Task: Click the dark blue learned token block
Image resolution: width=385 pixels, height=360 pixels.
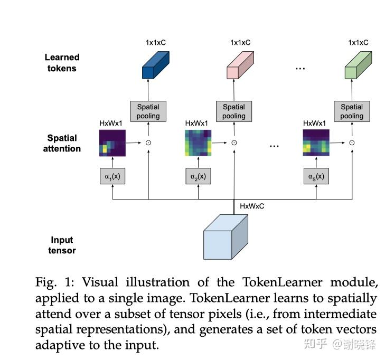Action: [155, 65]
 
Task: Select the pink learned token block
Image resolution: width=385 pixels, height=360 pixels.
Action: [240, 65]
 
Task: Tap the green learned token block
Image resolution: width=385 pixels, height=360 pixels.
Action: [358, 65]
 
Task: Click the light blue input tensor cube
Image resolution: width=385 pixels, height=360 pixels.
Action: [226, 237]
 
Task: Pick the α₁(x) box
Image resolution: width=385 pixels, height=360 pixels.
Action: [112, 176]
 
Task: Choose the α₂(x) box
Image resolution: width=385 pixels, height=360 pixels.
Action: [198, 176]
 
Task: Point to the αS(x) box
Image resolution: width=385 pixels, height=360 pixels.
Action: [316, 176]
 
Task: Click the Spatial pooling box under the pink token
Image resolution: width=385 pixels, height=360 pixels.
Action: [234, 111]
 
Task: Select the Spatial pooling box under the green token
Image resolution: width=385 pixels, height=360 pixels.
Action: [352, 111]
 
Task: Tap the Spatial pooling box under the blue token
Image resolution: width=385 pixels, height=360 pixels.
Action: [148, 111]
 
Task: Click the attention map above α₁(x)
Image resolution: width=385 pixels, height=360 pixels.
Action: [112, 143]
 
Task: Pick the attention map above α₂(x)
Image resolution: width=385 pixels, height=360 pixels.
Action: [198, 143]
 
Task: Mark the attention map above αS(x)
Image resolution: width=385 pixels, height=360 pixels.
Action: [316, 143]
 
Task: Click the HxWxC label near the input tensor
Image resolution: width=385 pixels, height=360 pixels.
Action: [252, 206]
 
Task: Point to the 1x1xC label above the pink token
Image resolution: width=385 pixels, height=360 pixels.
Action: [240, 43]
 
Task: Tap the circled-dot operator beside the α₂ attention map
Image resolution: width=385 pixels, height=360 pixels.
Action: [234, 143]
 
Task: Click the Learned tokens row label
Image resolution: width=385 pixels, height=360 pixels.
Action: [62, 63]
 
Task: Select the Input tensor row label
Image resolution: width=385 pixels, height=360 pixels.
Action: [62, 245]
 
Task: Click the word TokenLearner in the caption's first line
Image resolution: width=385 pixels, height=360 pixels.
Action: [283, 282]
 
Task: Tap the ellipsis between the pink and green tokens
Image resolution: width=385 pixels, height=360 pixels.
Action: [301, 69]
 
